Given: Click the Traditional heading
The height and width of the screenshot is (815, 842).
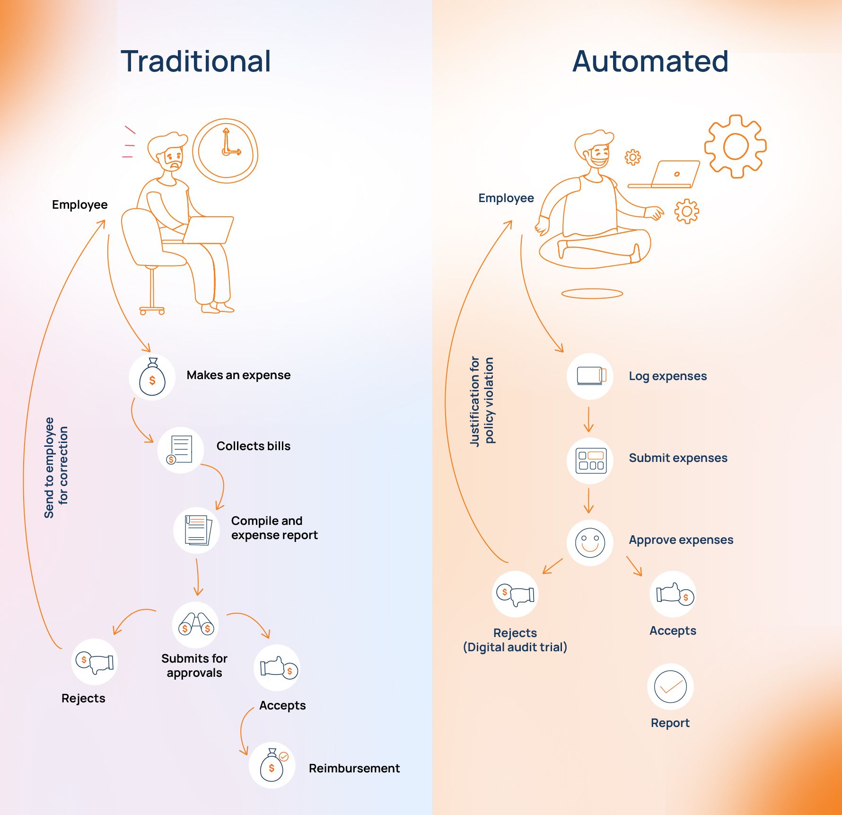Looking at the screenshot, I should click(x=196, y=61).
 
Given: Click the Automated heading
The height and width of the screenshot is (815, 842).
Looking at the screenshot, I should click(x=650, y=61).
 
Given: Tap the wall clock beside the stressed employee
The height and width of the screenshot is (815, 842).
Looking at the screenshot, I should click(x=225, y=151).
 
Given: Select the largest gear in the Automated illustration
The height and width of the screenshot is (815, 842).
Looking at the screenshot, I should click(x=735, y=146).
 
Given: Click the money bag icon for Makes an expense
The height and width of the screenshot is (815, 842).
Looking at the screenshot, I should click(x=152, y=377).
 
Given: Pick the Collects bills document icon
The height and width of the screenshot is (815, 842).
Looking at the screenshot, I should click(x=180, y=450).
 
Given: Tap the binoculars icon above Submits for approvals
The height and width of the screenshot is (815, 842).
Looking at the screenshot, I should click(x=196, y=625).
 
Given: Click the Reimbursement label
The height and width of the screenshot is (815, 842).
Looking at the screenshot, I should click(x=354, y=768).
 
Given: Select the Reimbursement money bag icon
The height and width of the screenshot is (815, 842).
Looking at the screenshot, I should click(x=272, y=765).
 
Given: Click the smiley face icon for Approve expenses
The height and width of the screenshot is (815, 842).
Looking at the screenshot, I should click(x=590, y=542).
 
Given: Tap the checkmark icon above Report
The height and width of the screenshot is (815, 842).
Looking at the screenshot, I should click(x=670, y=686).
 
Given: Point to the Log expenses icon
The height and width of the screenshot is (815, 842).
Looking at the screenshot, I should click(x=590, y=376).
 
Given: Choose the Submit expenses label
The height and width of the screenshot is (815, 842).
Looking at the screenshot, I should click(x=678, y=458).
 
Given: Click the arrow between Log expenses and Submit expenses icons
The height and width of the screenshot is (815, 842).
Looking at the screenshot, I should click(x=588, y=419).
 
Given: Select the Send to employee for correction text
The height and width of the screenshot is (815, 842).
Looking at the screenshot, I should click(x=56, y=467).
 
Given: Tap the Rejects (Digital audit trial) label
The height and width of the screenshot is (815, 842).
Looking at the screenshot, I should click(x=515, y=640).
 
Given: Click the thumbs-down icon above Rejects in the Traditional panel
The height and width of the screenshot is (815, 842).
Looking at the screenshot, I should click(x=95, y=662).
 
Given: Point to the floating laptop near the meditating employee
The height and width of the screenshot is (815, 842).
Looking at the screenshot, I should click(x=667, y=174).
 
